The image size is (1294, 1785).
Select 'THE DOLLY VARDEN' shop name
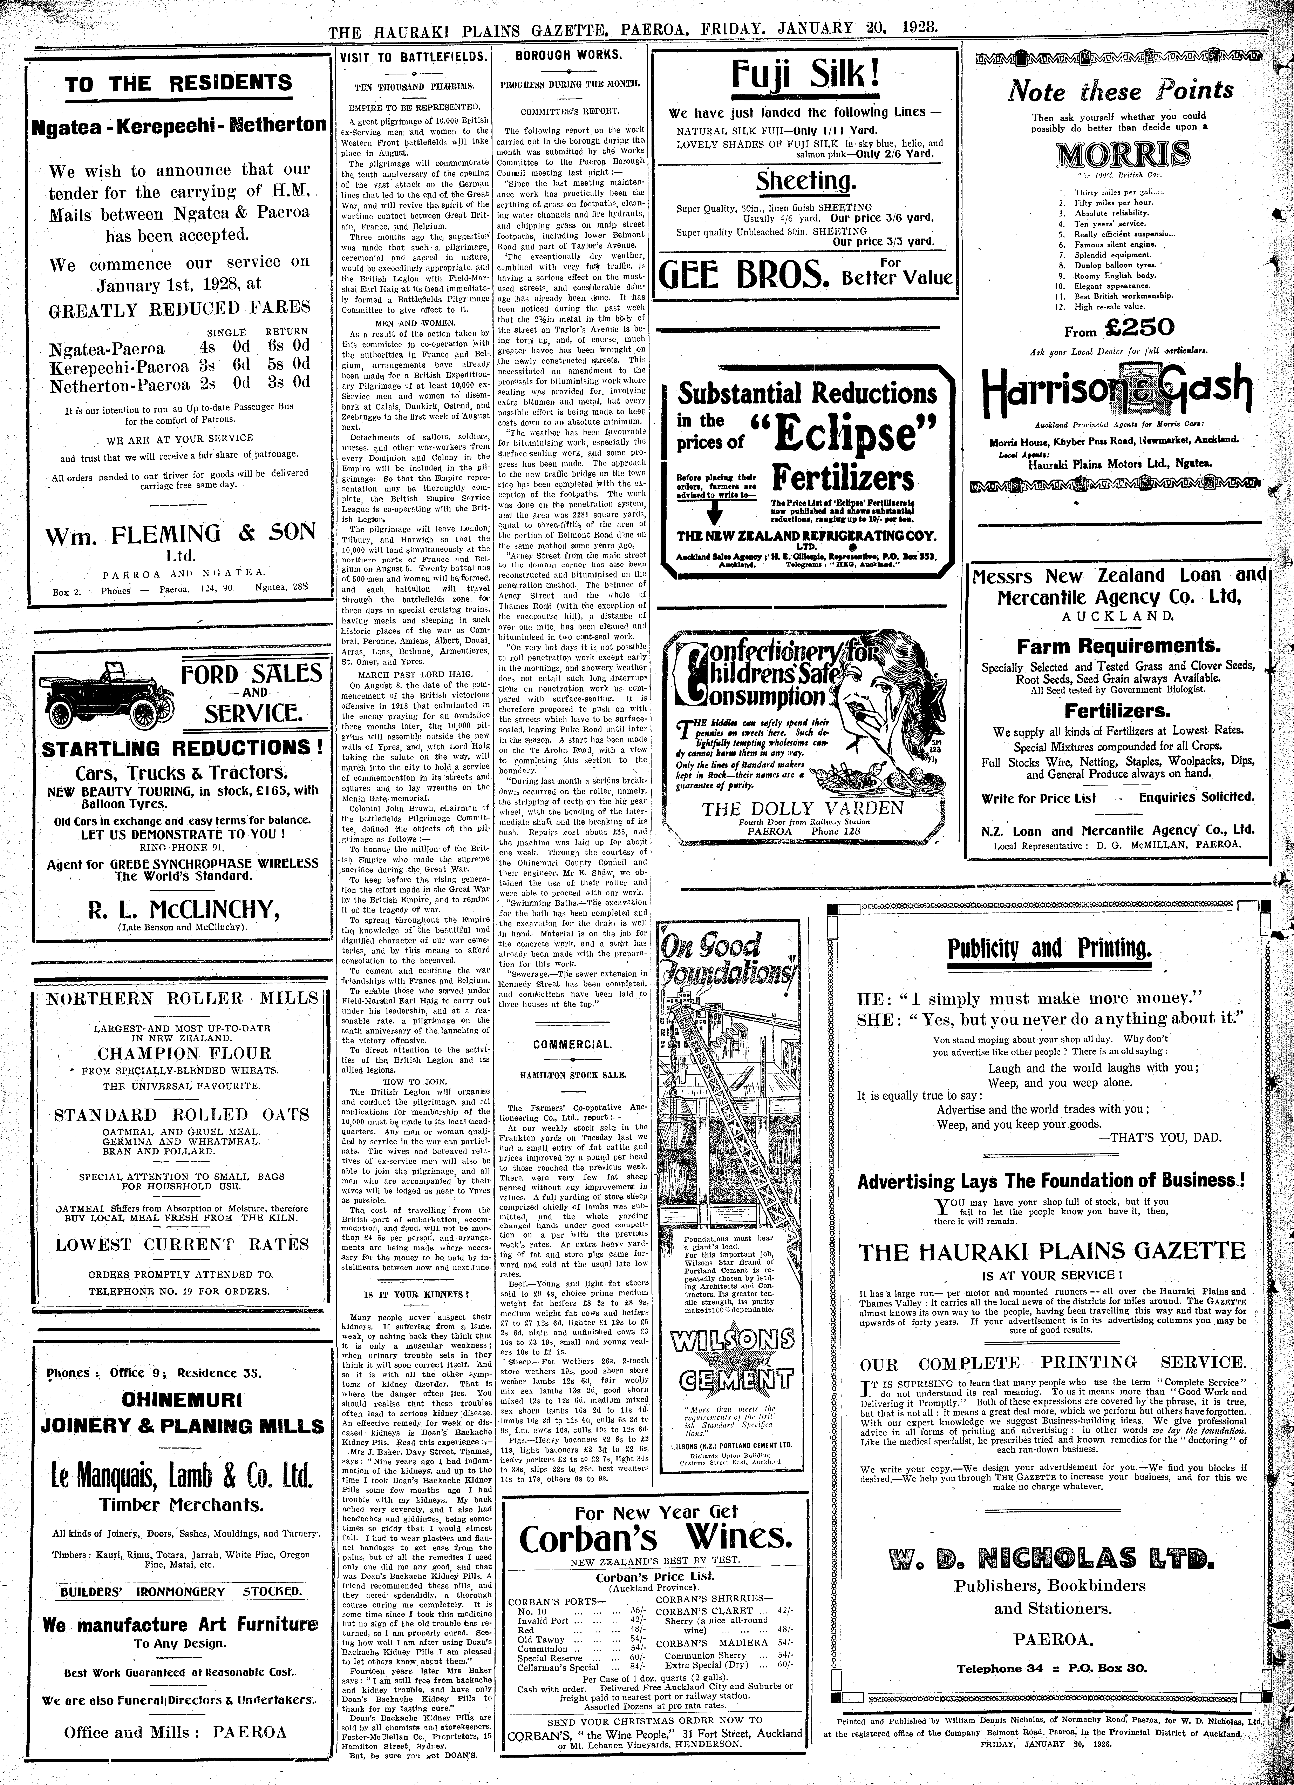point(803,808)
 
